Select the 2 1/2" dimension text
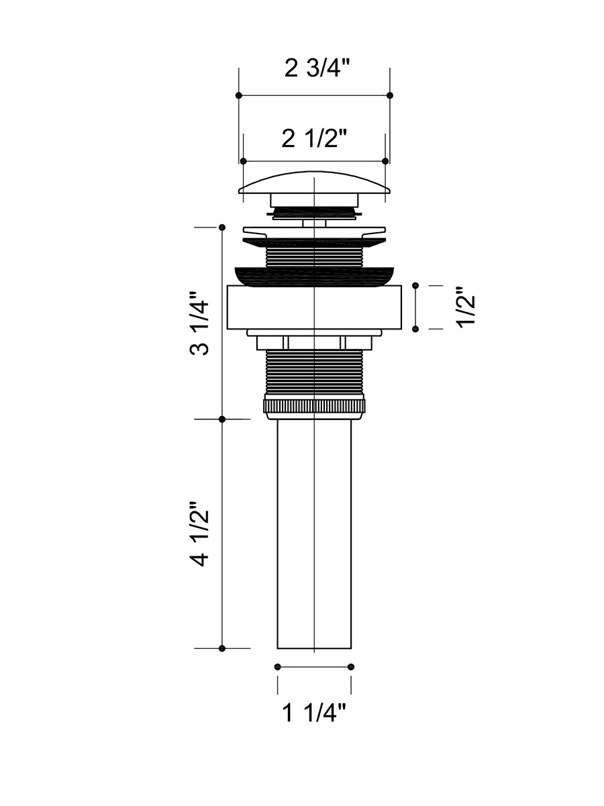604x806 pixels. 314,139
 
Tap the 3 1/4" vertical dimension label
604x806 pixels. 200,323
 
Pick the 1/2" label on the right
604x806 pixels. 466,307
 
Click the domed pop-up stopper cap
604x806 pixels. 314,183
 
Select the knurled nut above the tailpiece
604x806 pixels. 314,406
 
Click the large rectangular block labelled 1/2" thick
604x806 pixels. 314,307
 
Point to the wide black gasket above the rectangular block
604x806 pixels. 314,275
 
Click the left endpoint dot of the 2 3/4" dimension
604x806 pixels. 239,95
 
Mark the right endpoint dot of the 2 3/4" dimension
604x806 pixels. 390,95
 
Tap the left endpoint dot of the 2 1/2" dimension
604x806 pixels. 243,161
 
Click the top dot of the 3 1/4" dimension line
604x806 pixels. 221,228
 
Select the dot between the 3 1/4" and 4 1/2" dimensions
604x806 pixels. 221,419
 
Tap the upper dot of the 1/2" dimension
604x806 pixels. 415,285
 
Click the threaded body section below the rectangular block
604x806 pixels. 314,372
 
